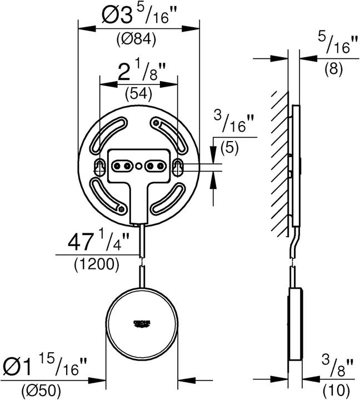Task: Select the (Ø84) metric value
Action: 136,40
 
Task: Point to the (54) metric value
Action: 136,93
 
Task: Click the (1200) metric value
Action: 96,264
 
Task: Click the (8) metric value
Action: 333,69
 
